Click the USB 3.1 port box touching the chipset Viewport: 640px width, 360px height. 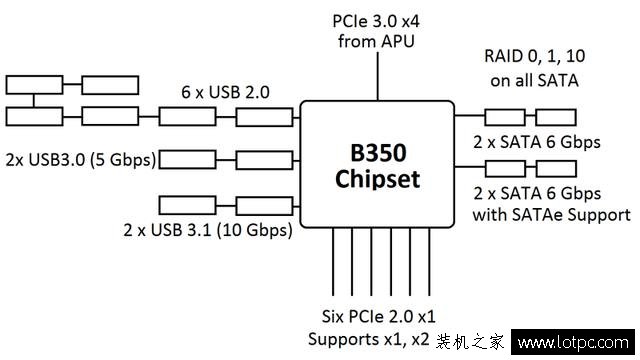point(264,206)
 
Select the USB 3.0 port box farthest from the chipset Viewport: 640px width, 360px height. point(186,158)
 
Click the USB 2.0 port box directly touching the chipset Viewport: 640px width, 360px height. point(264,117)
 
